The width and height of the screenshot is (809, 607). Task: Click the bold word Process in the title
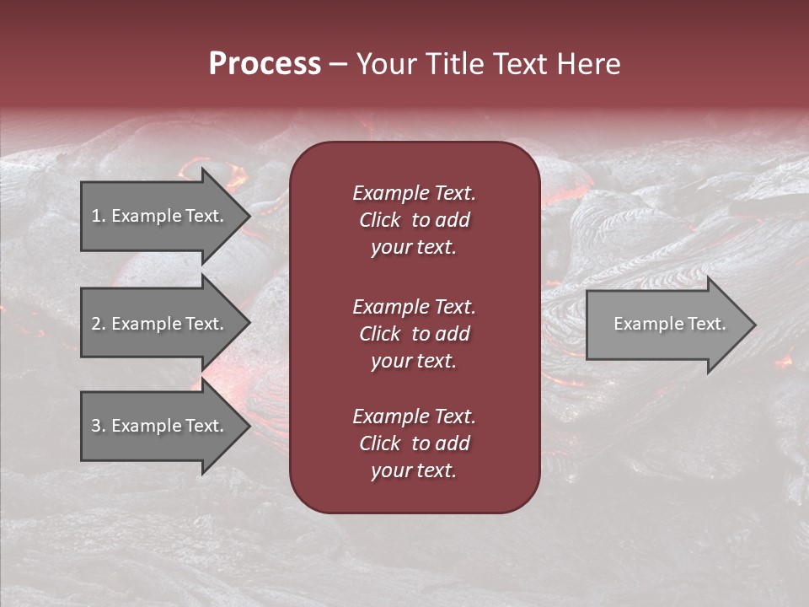click(265, 64)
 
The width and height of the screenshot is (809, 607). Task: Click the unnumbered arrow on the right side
click(670, 324)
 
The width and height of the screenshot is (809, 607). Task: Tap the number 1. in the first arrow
click(99, 216)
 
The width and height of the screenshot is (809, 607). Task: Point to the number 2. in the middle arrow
click(99, 324)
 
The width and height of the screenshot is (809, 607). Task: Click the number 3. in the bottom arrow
click(99, 426)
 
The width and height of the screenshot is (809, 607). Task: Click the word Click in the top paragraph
click(380, 220)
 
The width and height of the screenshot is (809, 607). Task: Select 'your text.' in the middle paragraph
click(414, 361)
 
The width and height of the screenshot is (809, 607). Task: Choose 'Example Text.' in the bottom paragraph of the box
click(414, 416)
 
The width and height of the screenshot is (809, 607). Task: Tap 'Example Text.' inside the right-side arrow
click(670, 324)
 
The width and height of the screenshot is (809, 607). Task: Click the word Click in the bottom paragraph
click(380, 443)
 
